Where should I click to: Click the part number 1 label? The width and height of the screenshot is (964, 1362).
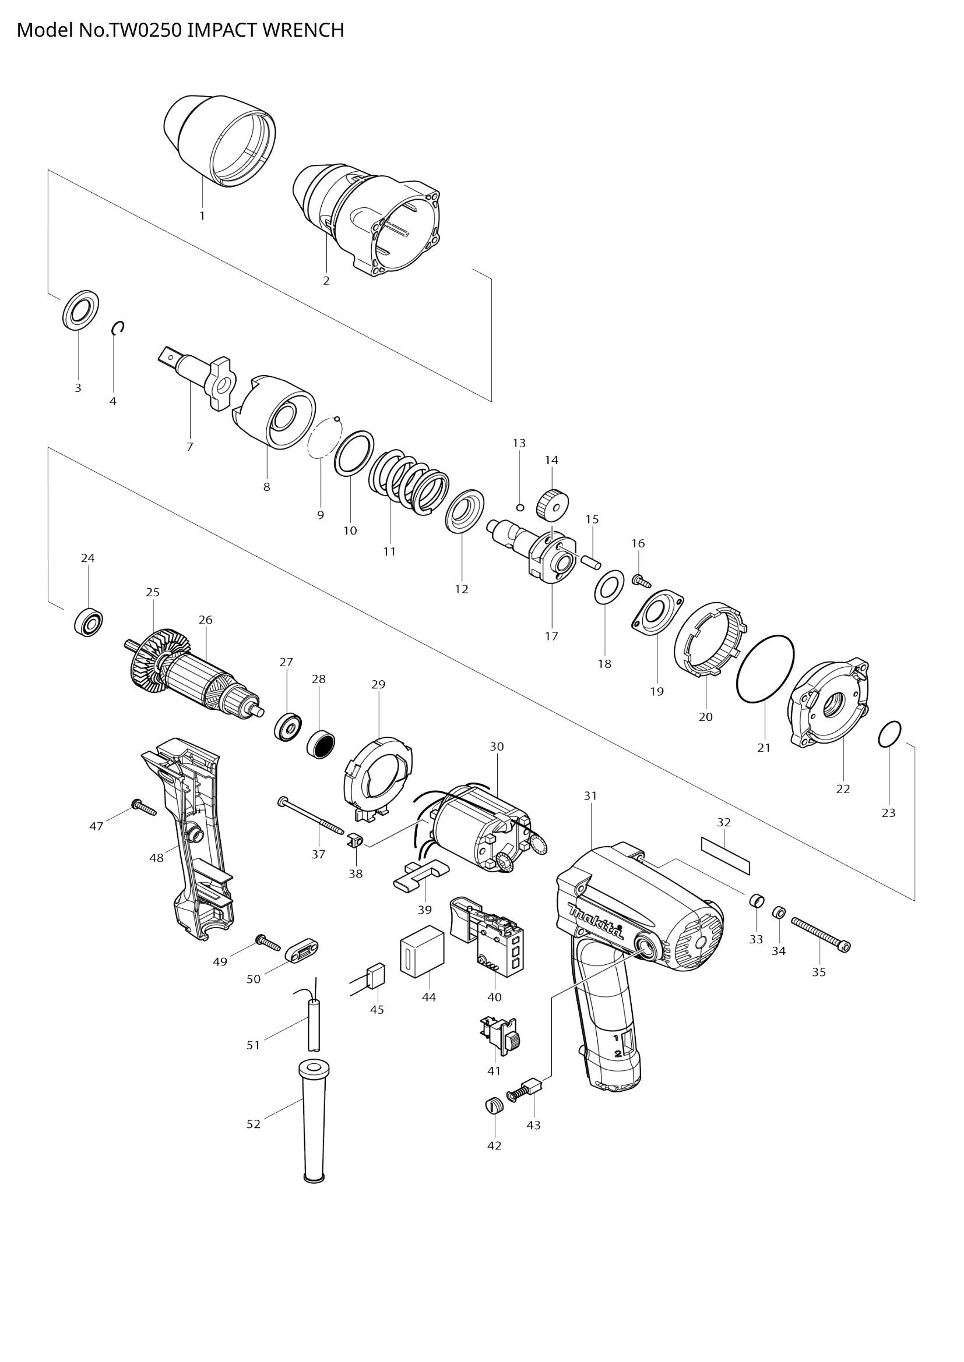pyautogui.click(x=202, y=216)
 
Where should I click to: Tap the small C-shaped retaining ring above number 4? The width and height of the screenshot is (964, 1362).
pyautogui.click(x=118, y=327)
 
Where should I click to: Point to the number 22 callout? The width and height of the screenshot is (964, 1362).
pyautogui.click(x=843, y=789)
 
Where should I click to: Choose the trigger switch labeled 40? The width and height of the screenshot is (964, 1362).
pyautogui.click(x=489, y=943)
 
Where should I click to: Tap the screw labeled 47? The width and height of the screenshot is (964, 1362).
pyautogui.click(x=143, y=808)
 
